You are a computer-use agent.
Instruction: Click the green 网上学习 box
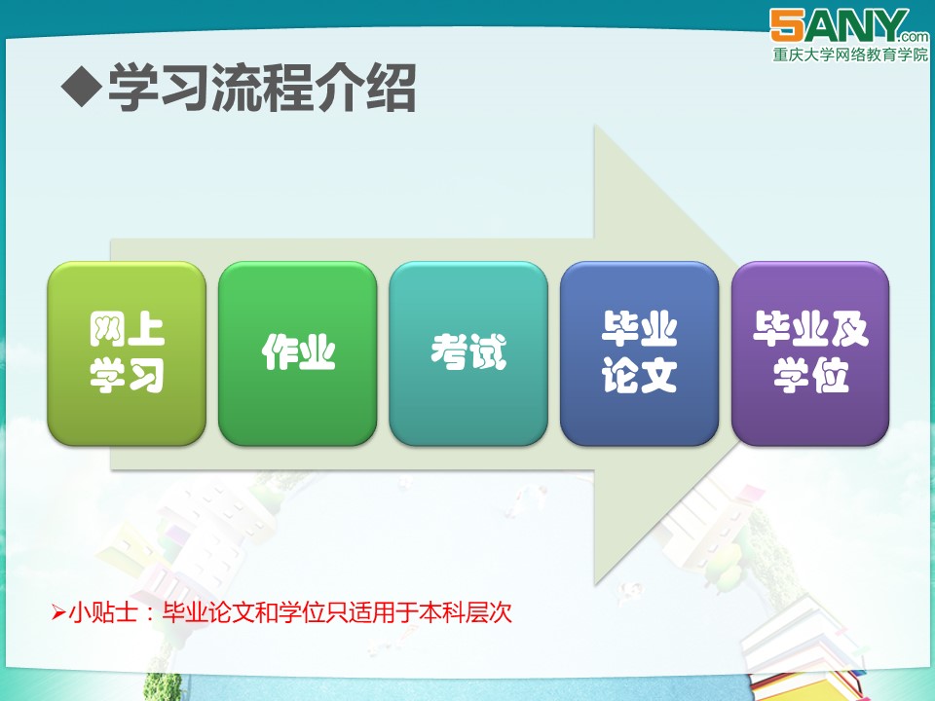click(x=127, y=353)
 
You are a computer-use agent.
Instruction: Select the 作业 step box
click(x=298, y=353)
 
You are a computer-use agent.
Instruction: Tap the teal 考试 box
click(x=468, y=353)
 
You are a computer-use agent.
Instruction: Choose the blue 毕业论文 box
click(x=639, y=353)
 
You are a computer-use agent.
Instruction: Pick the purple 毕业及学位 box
click(x=810, y=353)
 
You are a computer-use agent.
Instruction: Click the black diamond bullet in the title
click(x=81, y=87)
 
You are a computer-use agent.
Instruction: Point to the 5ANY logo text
click(x=838, y=25)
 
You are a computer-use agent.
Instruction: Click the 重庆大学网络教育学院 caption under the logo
click(x=850, y=55)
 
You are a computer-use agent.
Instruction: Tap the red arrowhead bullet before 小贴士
click(x=57, y=612)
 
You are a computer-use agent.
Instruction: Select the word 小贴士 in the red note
click(x=103, y=612)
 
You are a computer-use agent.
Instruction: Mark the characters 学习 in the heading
click(x=158, y=88)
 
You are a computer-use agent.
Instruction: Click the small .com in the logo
click(x=916, y=36)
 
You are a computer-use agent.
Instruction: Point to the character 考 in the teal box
click(x=449, y=351)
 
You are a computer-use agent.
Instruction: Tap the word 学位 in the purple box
click(x=810, y=376)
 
